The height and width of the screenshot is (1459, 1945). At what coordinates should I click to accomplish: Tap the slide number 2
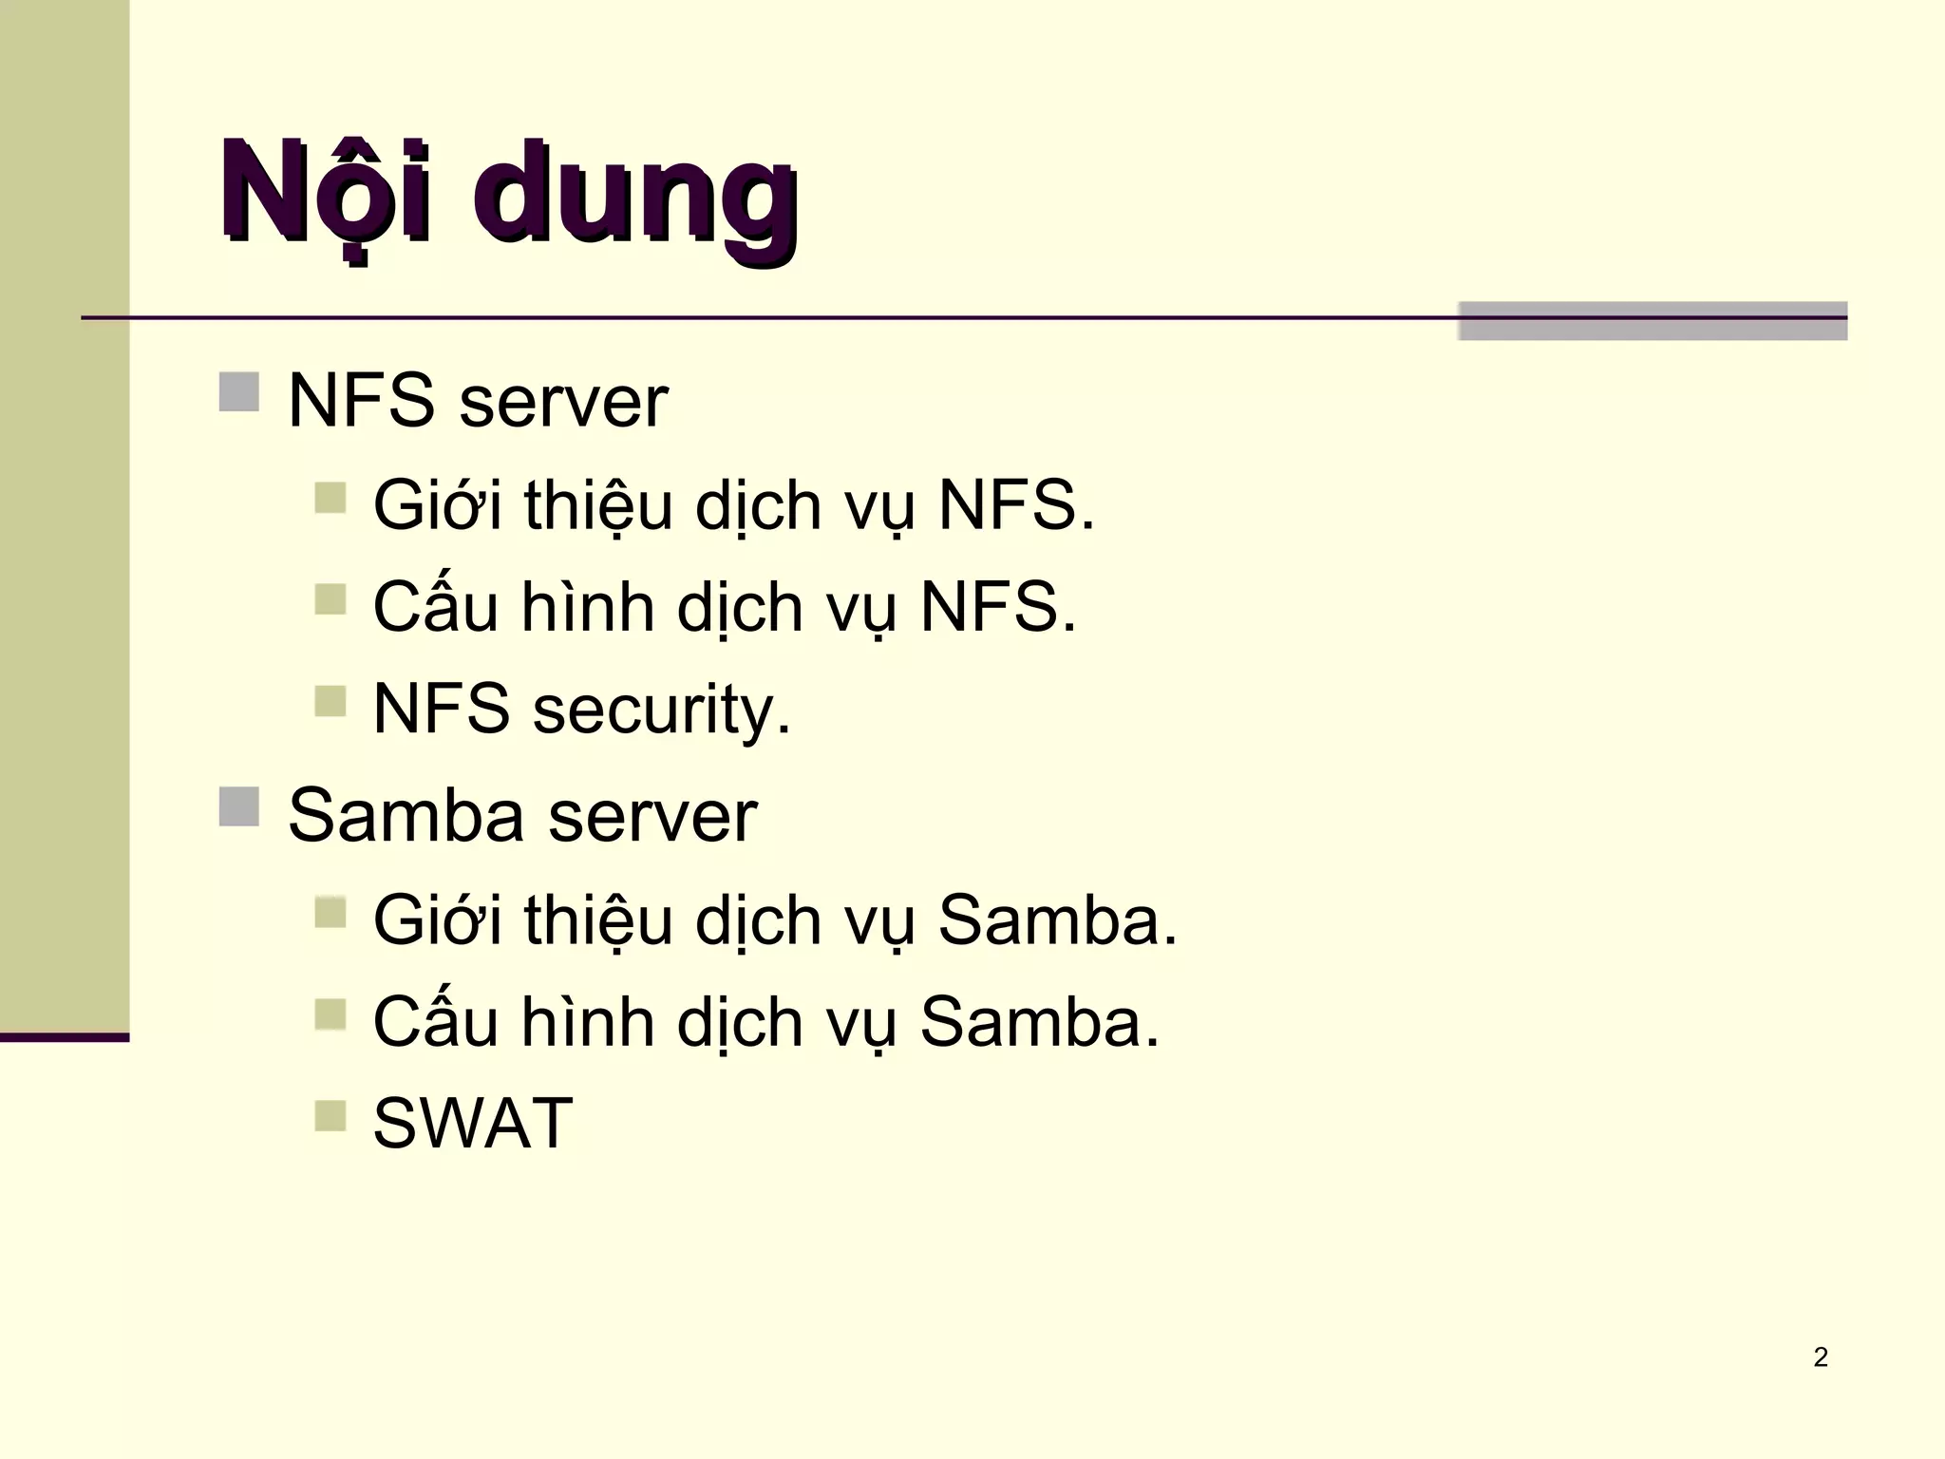(x=1820, y=1357)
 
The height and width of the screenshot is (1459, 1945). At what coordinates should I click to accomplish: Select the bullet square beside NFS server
(x=238, y=392)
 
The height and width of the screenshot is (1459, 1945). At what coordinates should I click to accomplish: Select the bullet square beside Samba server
(x=238, y=807)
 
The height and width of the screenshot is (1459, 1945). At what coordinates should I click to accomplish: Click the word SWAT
(x=473, y=1124)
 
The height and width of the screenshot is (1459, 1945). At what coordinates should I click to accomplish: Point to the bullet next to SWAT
(x=330, y=1115)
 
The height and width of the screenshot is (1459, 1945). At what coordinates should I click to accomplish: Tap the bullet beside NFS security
(x=330, y=702)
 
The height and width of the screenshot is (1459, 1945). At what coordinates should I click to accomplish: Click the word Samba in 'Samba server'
(x=406, y=816)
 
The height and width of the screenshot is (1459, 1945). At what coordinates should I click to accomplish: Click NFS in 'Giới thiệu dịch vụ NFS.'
(x=1015, y=504)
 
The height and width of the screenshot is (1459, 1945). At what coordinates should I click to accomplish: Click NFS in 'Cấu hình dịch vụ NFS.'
(x=997, y=607)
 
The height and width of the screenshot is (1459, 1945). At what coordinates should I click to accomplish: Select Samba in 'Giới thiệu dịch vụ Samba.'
(x=1057, y=919)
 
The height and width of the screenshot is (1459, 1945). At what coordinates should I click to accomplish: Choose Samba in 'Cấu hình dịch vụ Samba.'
(x=1039, y=1022)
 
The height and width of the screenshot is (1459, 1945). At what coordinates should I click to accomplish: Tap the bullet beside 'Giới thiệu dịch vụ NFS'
(x=330, y=497)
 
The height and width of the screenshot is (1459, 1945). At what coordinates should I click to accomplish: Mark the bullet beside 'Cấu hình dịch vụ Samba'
(x=330, y=1014)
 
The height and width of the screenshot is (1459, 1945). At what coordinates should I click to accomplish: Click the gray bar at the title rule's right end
(x=1652, y=321)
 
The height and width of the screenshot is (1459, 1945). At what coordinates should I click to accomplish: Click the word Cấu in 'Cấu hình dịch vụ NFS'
(x=435, y=605)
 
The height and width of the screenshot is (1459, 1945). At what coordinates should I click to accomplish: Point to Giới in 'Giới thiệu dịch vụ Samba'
(x=437, y=919)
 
